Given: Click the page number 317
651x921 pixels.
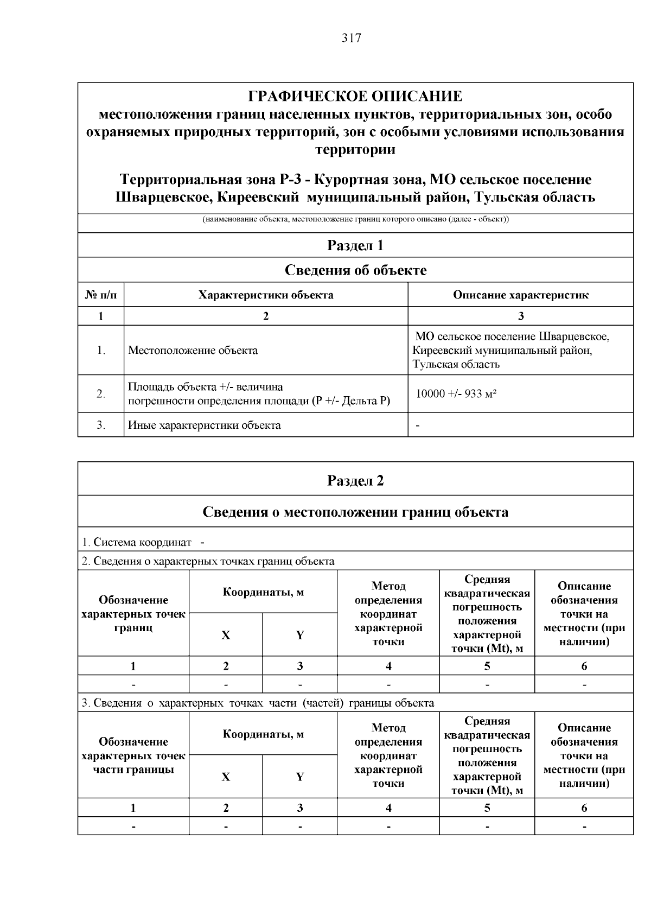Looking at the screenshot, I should pos(351,39).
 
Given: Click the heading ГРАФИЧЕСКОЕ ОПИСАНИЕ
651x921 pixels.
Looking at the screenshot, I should pos(355,97).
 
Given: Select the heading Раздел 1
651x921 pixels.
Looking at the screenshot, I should pos(355,245).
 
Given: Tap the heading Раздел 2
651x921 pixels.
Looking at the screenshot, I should pos(355,481).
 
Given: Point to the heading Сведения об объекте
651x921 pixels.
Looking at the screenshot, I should pos(355,270).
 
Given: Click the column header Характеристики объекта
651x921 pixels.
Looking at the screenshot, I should pos(266,295).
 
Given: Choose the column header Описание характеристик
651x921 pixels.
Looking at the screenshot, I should pos(520,295).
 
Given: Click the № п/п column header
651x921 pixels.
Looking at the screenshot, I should pos(101,295).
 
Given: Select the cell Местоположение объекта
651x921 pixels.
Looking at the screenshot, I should pos(193,351).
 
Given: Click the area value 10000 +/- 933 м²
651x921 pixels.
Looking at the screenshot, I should pos(456,394).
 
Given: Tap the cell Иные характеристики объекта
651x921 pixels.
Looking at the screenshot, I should pos(205,425).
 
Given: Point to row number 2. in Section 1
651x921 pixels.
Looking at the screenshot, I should pos(101,394).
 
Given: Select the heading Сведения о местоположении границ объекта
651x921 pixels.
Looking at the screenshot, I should pos(355,512).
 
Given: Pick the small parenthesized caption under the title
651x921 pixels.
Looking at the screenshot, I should pos(355,219).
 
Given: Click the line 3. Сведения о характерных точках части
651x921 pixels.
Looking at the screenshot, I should pos(258,703).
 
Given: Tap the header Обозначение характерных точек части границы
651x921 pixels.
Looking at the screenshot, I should pos(133,755).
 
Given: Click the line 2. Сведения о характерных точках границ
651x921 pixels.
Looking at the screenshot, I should pos(208,561).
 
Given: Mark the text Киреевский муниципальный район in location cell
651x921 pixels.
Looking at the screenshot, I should pos(502,351).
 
